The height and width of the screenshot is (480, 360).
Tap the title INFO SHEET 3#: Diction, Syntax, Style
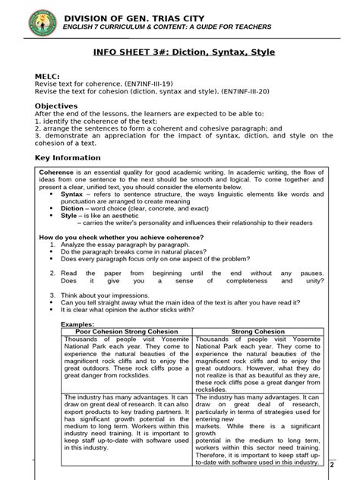183,52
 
